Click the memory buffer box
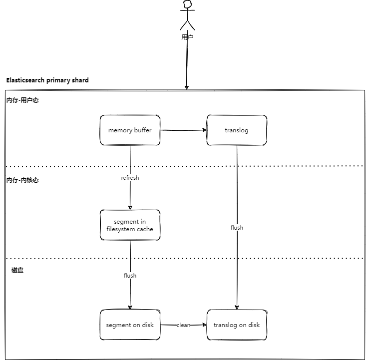(x=130, y=130)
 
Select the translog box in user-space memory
(x=237, y=130)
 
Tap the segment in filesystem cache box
(x=130, y=225)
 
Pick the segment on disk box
(x=130, y=325)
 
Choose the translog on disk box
(x=237, y=325)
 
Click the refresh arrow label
(x=130, y=178)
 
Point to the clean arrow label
(x=183, y=325)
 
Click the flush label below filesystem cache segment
(x=130, y=276)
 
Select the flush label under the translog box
(x=237, y=228)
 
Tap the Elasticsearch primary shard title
(x=47, y=80)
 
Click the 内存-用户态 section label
(x=22, y=100)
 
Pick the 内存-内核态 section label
(x=22, y=180)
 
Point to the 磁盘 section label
(x=17, y=270)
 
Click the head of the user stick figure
(x=187, y=4)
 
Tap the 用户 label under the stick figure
(x=187, y=37)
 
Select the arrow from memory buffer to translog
(x=183, y=130)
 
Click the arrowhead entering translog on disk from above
(x=237, y=308)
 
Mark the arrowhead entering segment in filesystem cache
(x=130, y=208)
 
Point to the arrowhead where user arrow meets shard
(x=187, y=88)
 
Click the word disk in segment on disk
(x=148, y=325)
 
